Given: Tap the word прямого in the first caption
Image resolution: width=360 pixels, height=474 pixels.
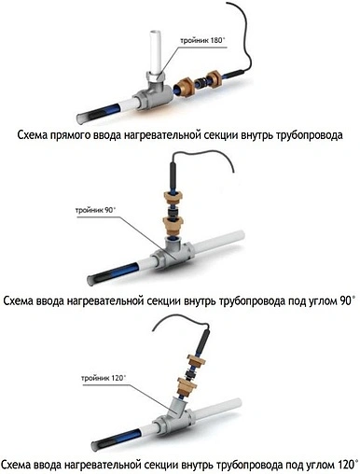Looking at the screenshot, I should click(87, 134).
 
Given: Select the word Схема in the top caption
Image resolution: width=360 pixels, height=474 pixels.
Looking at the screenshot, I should click(35, 134).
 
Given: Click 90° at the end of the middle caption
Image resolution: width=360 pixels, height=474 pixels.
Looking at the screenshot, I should click(346, 300).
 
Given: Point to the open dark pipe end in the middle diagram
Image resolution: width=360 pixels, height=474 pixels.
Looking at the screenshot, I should click(93, 277).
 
